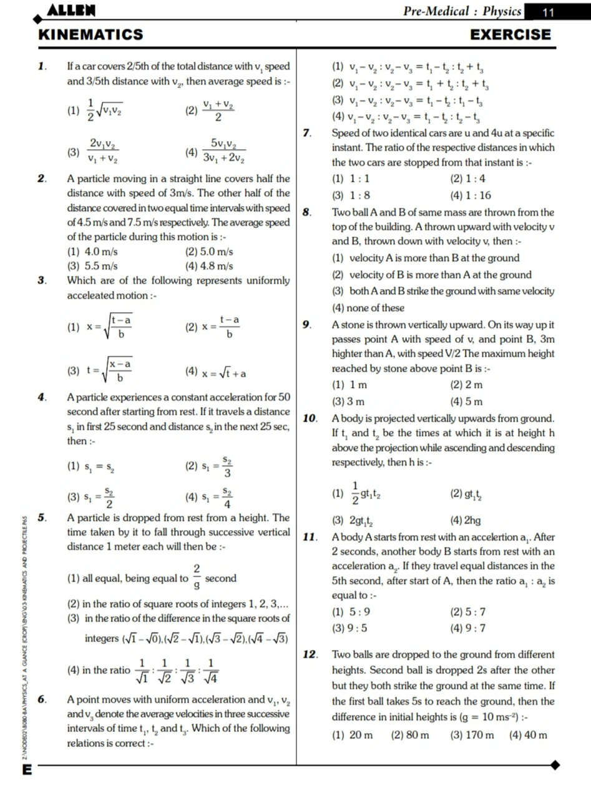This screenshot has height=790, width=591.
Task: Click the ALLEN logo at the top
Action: (72, 10)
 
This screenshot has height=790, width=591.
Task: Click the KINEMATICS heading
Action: (90, 34)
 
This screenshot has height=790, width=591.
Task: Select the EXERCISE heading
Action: (510, 34)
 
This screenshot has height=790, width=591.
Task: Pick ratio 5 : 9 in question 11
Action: (346, 612)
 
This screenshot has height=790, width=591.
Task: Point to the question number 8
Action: (307, 212)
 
